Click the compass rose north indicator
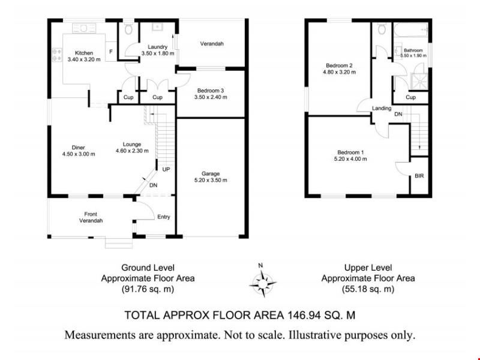click(261, 265)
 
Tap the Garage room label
click(211, 173)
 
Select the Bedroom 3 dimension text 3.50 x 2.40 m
click(211, 97)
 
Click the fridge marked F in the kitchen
click(111, 52)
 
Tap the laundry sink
click(157, 27)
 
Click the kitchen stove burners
click(57, 55)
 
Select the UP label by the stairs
click(166, 169)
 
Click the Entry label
click(164, 217)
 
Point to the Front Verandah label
click(91, 217)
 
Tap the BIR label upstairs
click(419, 176)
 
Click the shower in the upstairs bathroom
click(419, 82)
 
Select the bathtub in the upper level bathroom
click(411, 30)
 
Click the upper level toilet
click(382, 29)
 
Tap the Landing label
click(382, 109)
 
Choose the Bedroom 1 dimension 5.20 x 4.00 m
click(350, 159)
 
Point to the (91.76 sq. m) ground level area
click(148, 289)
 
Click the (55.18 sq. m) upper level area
click(368, 289)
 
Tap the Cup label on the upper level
click(410, 97)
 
